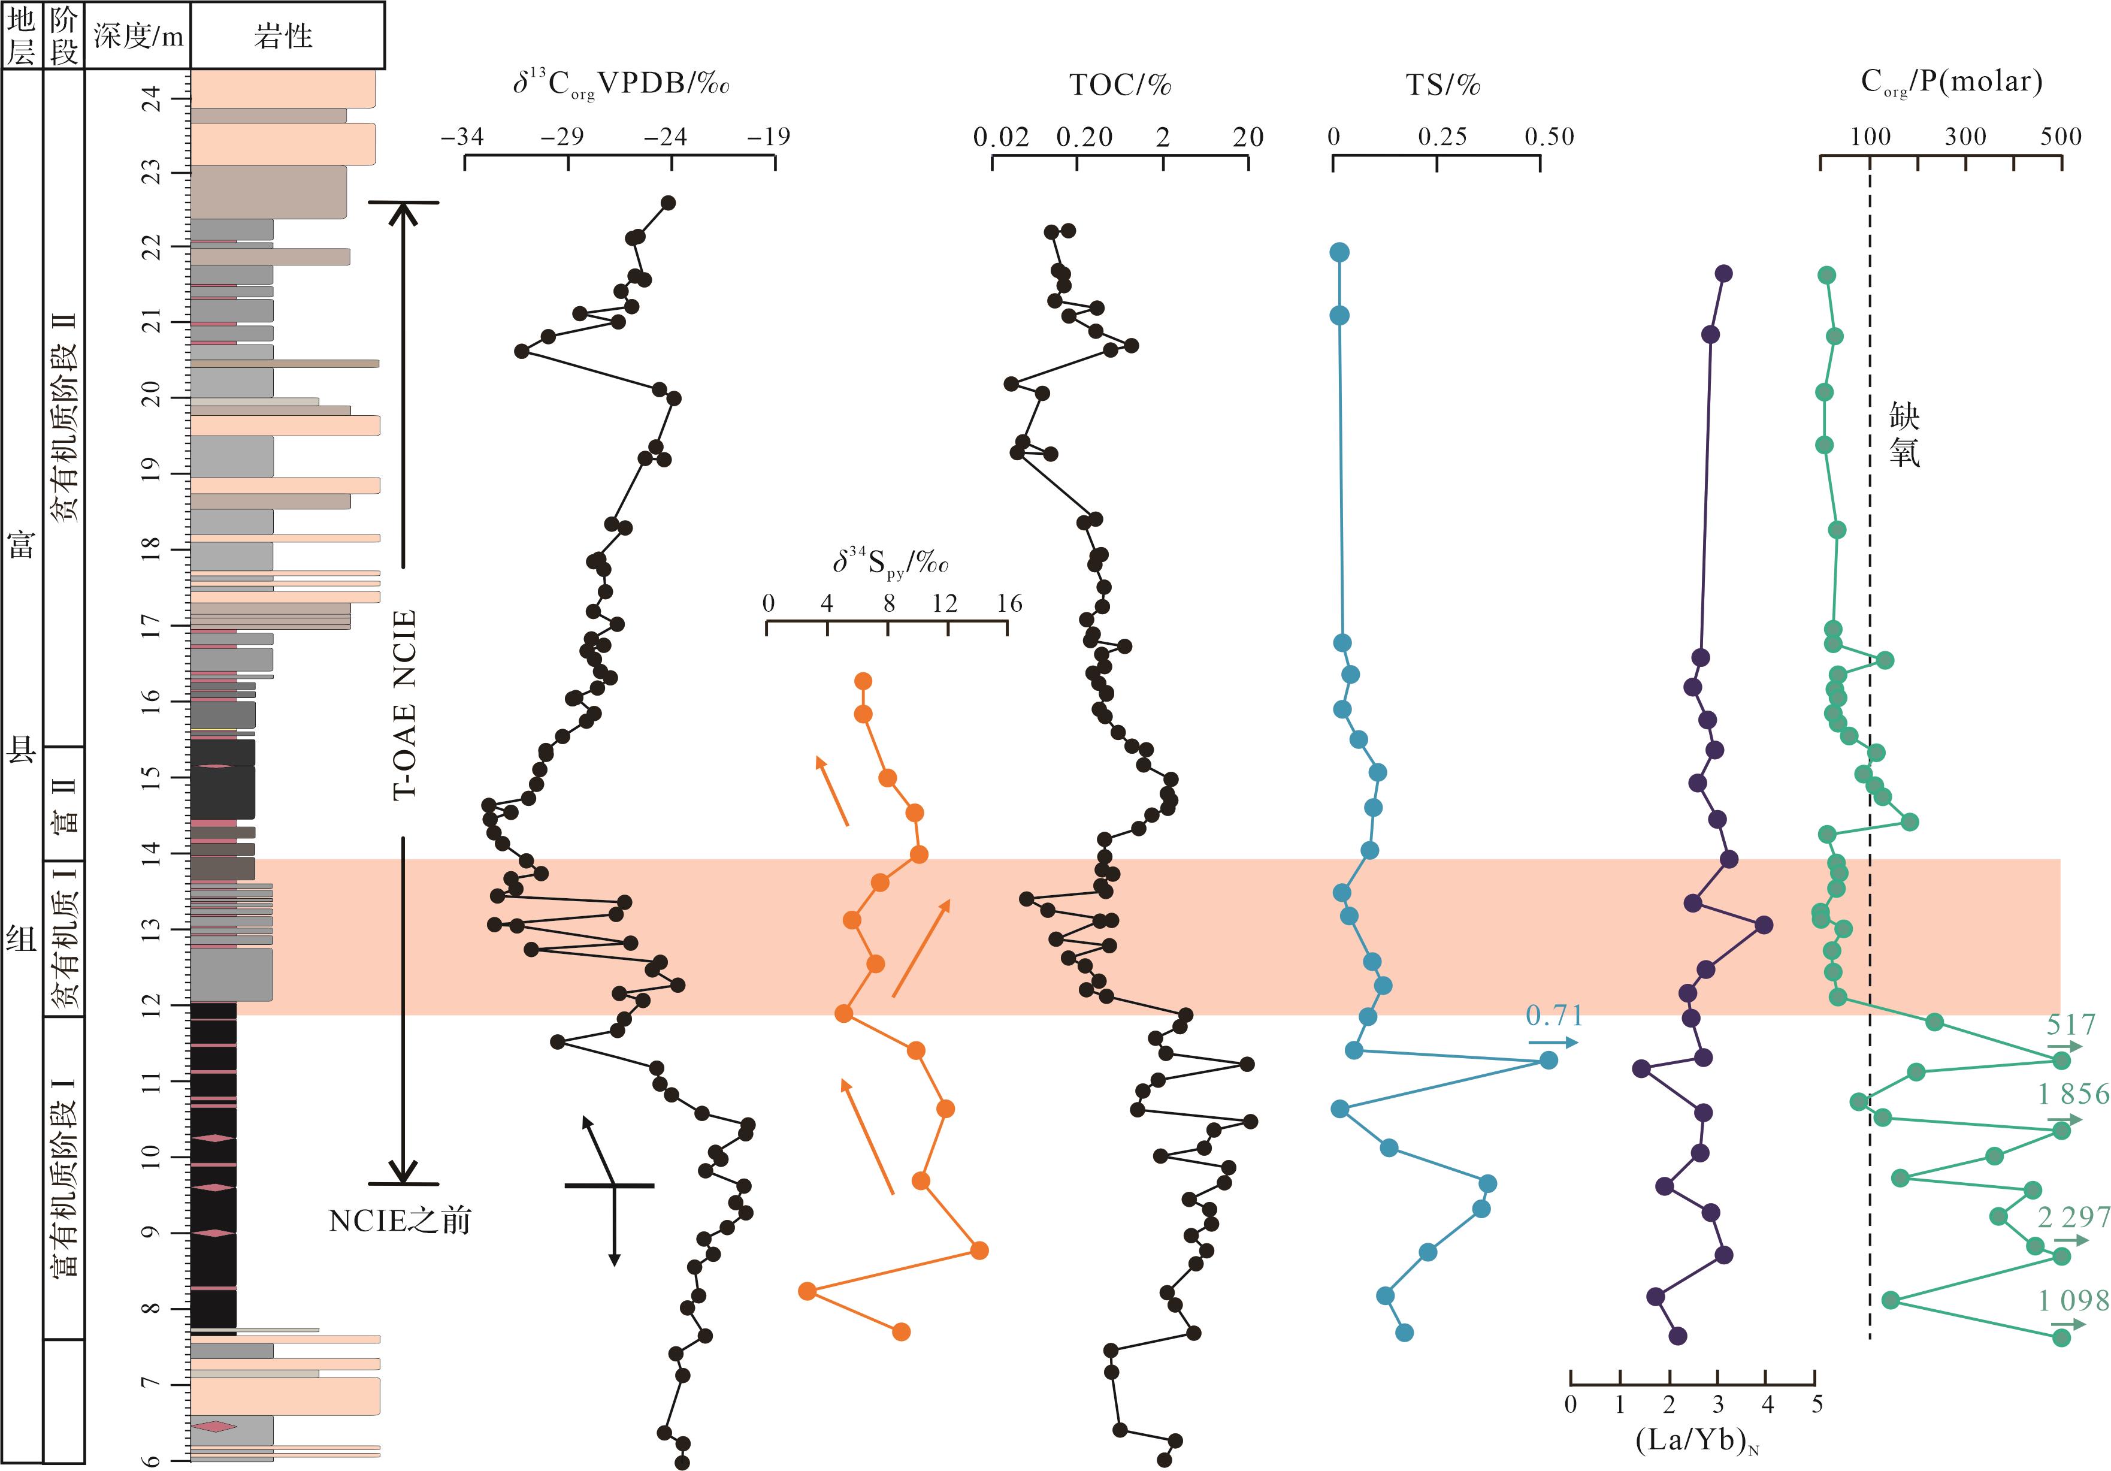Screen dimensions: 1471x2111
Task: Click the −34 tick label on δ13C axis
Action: [461, 137]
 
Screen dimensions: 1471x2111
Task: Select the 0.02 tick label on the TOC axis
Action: [1000, 137]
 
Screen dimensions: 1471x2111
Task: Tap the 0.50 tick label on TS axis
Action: [1549, 137]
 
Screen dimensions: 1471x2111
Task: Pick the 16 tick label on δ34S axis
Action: [1009, 603]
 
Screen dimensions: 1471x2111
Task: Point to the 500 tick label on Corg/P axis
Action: [2061, 137]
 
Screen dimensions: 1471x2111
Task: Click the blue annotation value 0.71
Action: [1554, 1016]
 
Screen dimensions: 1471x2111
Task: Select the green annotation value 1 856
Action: [2073, 1094]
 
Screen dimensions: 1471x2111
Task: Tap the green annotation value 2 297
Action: [2073, 1218]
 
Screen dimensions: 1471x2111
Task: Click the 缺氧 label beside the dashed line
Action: [1904, 435]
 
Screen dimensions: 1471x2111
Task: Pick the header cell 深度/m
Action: [138, 37]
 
